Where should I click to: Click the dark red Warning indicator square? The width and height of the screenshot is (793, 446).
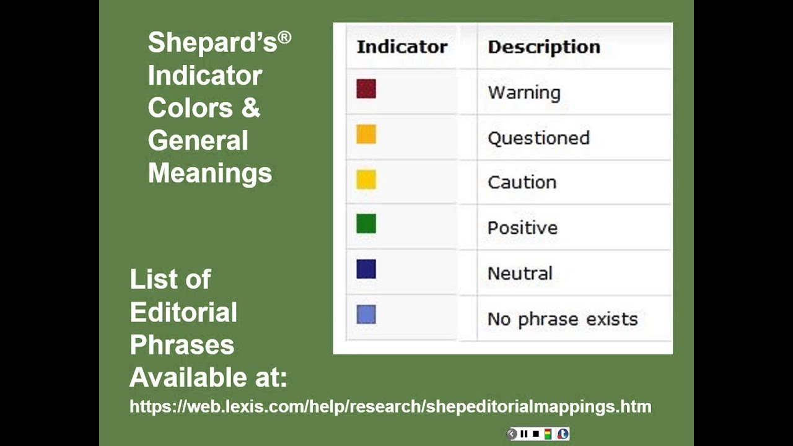(x=366, y=89)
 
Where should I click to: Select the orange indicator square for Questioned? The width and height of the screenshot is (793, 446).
(x=366, y=134)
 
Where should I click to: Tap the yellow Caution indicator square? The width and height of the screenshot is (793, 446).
(x=366, y=180)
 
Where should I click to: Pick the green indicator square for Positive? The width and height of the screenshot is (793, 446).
(x=366, y=224)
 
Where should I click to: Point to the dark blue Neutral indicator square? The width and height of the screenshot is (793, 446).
(x=366, y=269)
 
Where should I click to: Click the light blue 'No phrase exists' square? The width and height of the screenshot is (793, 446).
(x=366, y=315)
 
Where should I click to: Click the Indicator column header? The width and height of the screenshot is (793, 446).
(x=401, y=47)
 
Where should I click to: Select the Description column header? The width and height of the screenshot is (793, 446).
(x=543, y=47)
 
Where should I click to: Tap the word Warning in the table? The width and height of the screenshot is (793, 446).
(x=524, y=93)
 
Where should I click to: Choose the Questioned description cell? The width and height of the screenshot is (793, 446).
(x=538, y=138)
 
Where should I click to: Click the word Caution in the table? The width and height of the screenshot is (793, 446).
(x=522, y=183)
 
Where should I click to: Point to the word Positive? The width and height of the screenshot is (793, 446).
(x=522, y=228)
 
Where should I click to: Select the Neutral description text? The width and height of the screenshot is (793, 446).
(x=520, y=273)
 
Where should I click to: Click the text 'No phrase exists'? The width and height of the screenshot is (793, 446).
(x=562, y=319)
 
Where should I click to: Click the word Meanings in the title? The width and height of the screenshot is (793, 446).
(x=209, y=172)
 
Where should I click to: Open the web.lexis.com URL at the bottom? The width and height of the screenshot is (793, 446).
(x=390, y=407)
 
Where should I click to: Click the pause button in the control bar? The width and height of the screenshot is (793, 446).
(x=524, y=434)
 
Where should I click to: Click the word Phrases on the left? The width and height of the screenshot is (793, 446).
(x=182, y=344)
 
